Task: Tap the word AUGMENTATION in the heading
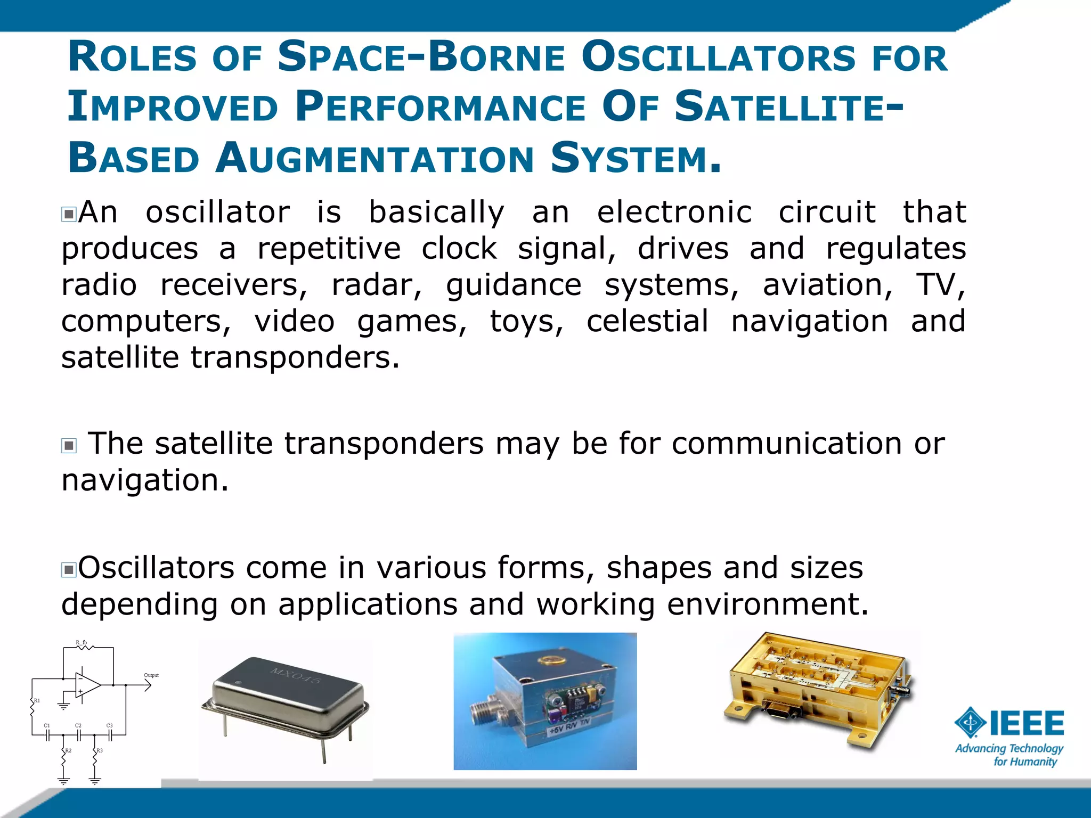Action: (374, 159)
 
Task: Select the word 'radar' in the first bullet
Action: (376, 284)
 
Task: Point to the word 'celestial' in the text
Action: (647, 321)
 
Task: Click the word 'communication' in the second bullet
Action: (786, 443)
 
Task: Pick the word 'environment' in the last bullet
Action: (767, 604)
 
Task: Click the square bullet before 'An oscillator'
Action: (69, 215)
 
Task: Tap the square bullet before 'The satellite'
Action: (69, 445)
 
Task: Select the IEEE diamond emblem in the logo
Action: (970, 723)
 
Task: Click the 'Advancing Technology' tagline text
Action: (1009, 748)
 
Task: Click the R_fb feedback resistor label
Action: (81, 643)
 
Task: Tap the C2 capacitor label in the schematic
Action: (78, 725)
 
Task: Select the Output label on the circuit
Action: (151, 675)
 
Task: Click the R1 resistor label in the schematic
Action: (37, 700)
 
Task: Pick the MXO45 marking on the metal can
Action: (296, 675)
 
